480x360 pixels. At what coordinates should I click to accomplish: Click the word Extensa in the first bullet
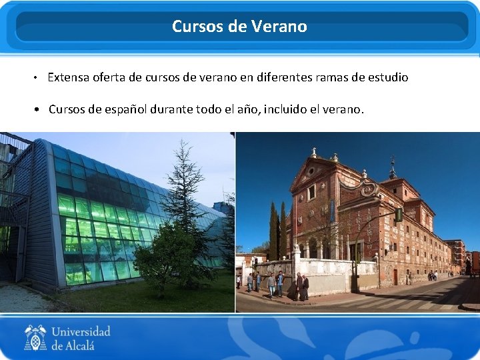coord(69,77)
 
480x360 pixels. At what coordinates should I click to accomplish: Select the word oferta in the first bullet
coord(111,77)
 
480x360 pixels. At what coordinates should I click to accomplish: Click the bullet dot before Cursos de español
coord(41,109)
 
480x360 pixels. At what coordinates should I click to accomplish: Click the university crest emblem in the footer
coord(35,337)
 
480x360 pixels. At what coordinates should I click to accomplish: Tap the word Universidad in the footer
coord(81,331)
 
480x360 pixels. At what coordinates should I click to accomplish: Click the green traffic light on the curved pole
coord(399,215)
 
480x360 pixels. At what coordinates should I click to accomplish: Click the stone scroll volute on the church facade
coord(369,190)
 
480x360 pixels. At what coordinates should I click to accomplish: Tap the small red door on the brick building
coord(395,276)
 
